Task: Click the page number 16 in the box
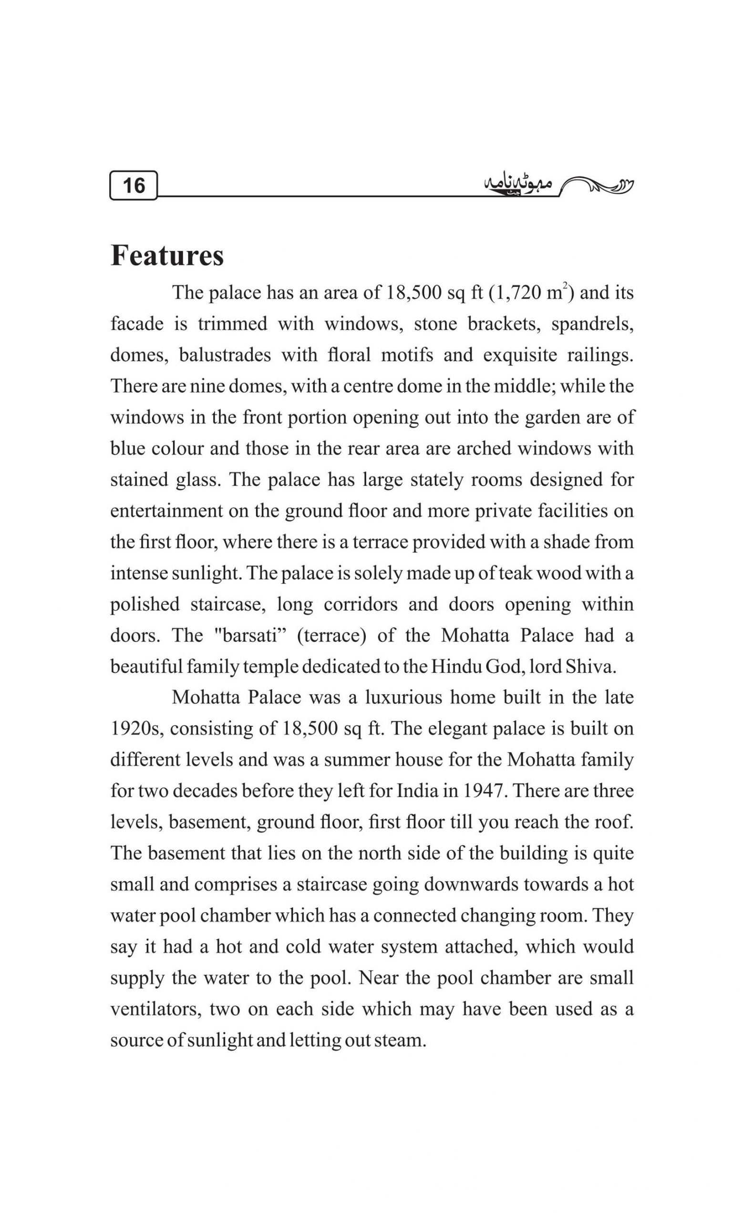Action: pyautogui.click(x=133, y=186)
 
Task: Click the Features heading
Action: pyautogui.click(x=167, y=256)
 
